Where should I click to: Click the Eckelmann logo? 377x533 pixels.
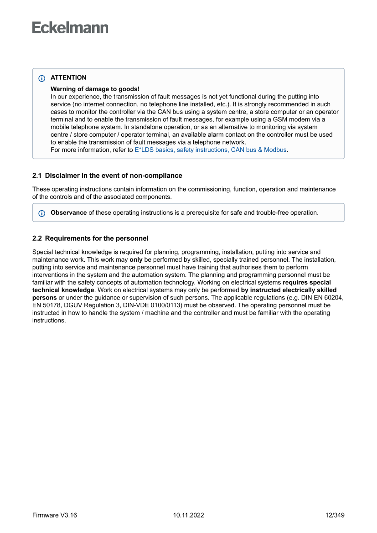pyautogui.click(x=70, y=28)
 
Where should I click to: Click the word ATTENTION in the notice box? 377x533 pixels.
pyautogui.click(x=68, y=78)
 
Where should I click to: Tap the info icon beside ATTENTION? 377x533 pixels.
pyautogui.click(x=42, y=78)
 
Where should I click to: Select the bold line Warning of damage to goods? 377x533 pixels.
pyautogui.click(x=95, y=89)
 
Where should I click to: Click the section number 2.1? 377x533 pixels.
pyautogui.click(x=37, y=176)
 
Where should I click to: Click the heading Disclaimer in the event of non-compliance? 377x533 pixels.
pyautogui.click(x=114, y=176)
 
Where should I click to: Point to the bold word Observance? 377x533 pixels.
pyautogui.click(x=68, y=212)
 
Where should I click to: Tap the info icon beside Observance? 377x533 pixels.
pyautogui.click(x=42, y=213)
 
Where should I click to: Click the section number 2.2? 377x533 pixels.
pyautogui.click(x=37, y=238)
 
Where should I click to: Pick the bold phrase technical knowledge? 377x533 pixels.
pyautogui.click(x=63, y=290)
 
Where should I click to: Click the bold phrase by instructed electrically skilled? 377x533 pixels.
pyautogui.click(x=289, y=290)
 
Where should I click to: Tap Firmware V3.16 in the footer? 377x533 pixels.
pyautogui.click(x=55, y=515)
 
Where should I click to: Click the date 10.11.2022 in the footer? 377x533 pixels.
pyautogui.click(x=188, y=515)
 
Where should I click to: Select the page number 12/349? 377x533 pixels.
pyautogui.click(x=335, y=515)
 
